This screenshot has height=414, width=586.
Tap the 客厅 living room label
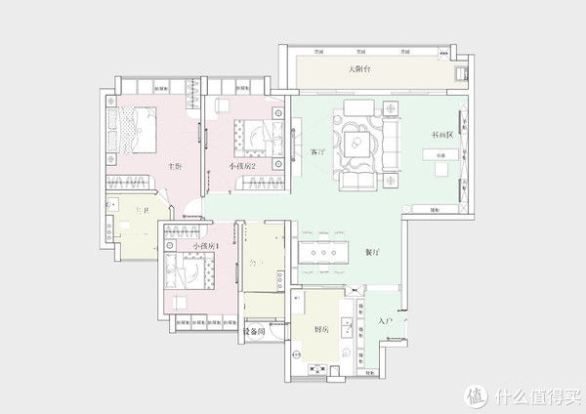point(316,152)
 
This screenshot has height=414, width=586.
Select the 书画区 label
point(442,136)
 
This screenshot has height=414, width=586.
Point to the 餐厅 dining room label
point(371,251)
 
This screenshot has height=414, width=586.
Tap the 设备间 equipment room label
point(253,332)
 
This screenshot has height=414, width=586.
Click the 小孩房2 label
point(243,167)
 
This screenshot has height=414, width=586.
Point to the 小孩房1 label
point(205,246)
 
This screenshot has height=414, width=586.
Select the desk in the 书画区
point(441,155)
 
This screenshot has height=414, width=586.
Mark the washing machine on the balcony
point(459,72)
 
